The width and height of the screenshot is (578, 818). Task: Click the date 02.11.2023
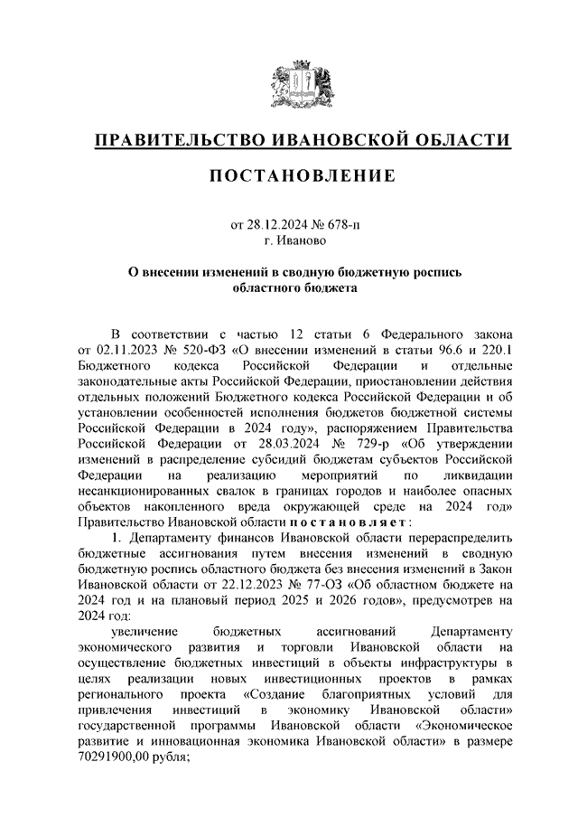128,349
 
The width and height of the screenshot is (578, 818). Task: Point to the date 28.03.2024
285,445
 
